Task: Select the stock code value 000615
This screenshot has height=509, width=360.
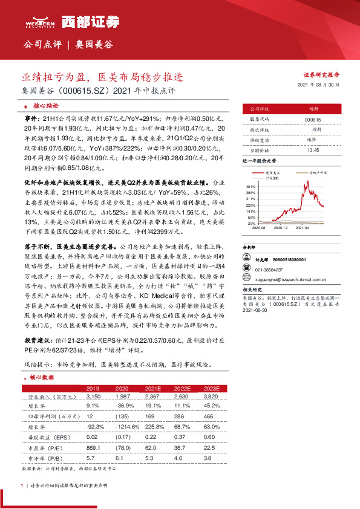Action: click(313, 120)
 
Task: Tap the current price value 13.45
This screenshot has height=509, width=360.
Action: click(313, 150)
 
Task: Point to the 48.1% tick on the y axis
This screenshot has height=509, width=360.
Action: click(251, 187)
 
